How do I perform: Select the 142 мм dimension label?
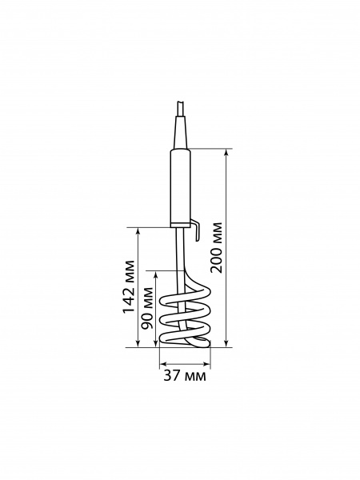tap(128, 286)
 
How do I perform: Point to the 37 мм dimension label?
tap(185, 375)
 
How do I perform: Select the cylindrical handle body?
tap(181, 186)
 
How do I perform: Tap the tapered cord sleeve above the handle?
tap(181, 132)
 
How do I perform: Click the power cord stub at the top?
tap(180, 109)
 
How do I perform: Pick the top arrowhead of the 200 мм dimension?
tap(226, 153)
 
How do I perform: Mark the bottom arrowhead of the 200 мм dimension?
tap(226, 344)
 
